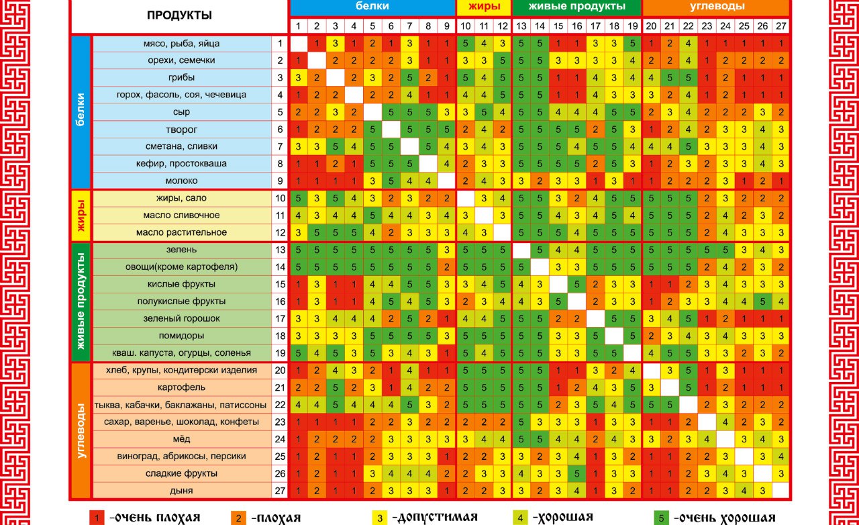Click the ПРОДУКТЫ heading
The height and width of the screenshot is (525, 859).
tap(179, 15)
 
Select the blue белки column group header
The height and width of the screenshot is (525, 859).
tap(372, 7)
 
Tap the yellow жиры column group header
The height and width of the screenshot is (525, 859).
tap(483, 7)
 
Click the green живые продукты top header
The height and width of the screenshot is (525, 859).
tap(576, 7)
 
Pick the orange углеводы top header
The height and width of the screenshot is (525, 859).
tap(716, 7)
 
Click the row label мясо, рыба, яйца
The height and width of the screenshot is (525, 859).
tap(181, 44)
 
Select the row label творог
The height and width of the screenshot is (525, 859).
tap(181, 130)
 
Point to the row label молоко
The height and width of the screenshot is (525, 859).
tap(181, 181)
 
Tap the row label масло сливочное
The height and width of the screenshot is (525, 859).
tap(181, 216)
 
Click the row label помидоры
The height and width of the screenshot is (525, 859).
tap(181, 336)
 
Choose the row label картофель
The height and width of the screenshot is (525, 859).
tap(181, 387)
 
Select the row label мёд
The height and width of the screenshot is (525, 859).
tap(181, 439)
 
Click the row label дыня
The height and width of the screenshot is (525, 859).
tap(181, 491)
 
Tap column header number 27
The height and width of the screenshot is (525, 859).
tap(780, 26)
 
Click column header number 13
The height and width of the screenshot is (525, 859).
tap(521, 26)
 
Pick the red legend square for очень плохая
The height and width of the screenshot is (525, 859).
tap(97, 518)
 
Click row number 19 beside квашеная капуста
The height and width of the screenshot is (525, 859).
tap(280, 352)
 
